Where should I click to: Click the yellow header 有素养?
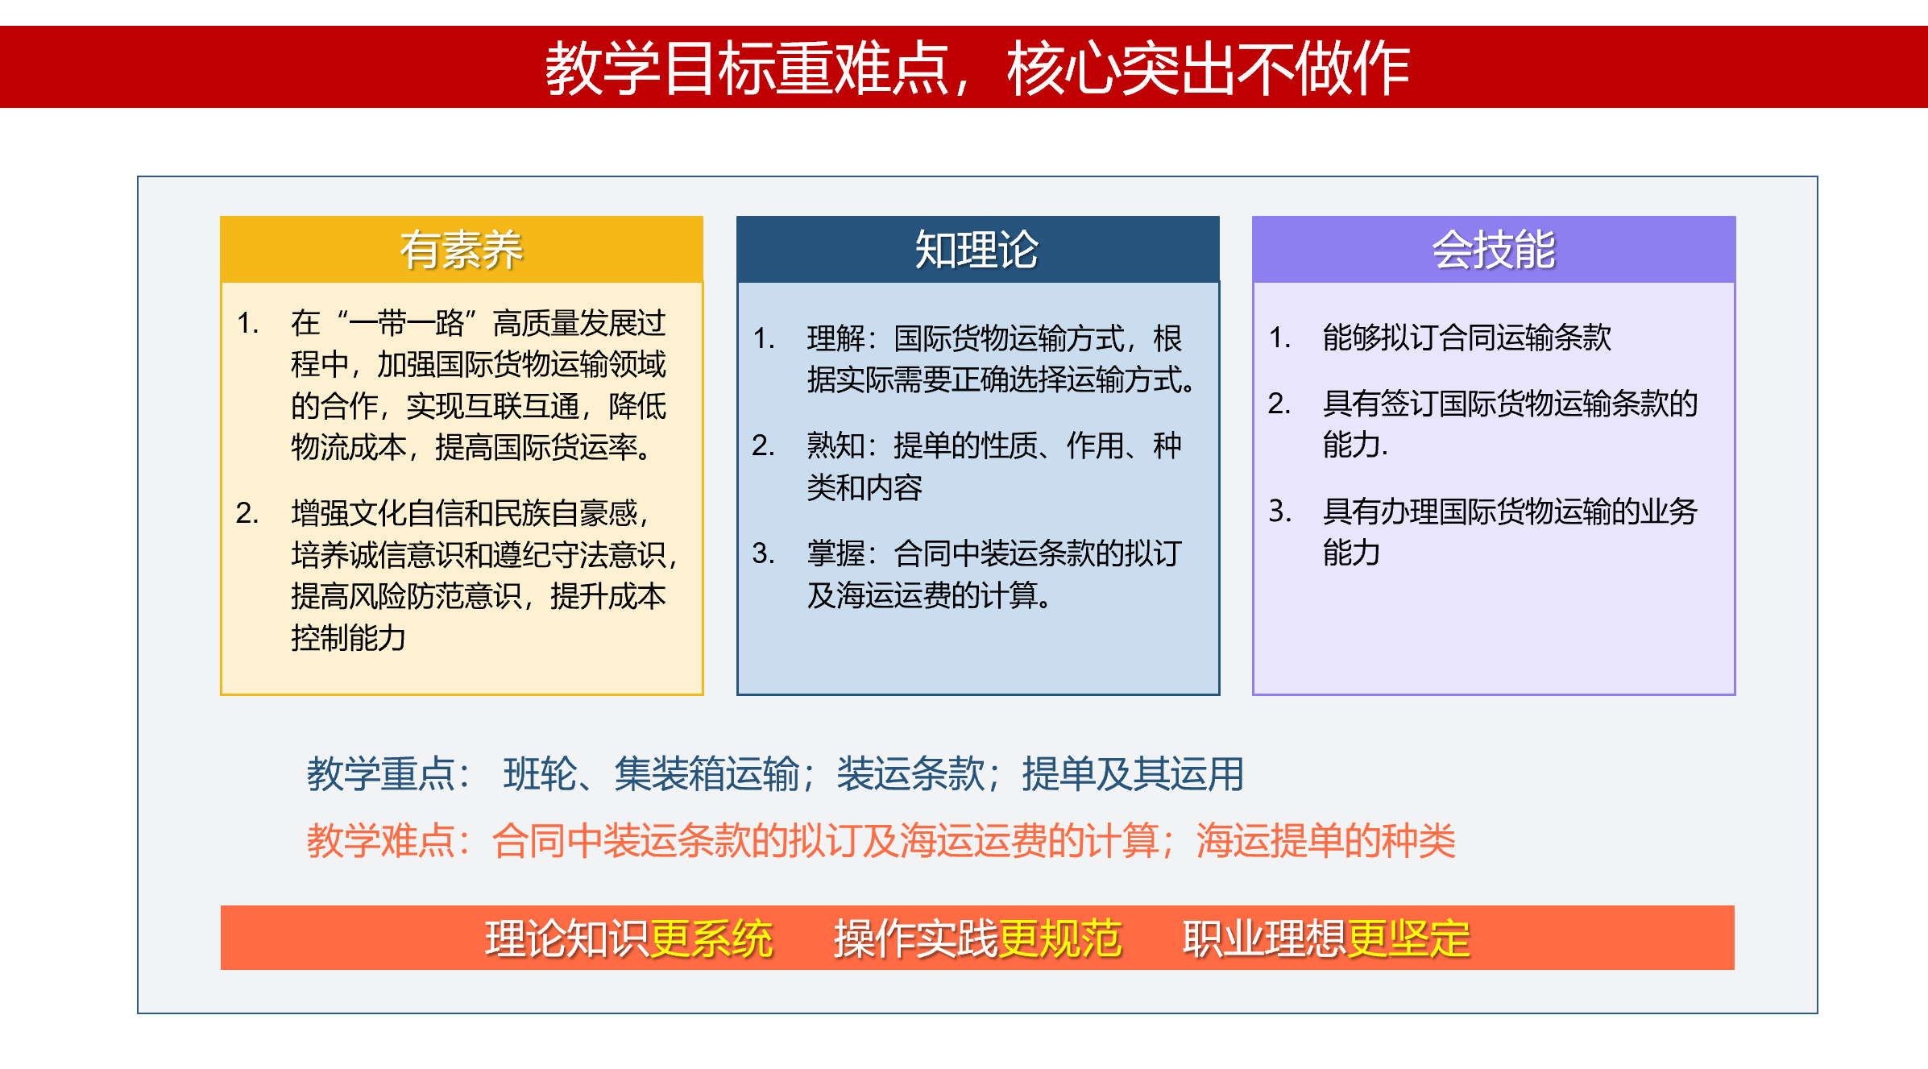coord(462,250)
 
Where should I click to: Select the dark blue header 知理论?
coord(976,250)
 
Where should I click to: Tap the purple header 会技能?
coord(1493,250)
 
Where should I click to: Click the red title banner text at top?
coord(976,68)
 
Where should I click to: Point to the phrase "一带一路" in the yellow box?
coord(406,323)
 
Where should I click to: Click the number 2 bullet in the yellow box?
coord(247,513)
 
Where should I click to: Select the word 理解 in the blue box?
coord(835,338)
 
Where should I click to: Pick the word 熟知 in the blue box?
coord(835,445)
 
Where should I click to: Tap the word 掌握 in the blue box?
coord(835,553)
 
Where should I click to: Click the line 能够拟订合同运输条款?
coord(1466,338)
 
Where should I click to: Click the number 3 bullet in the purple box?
coord(1279,511)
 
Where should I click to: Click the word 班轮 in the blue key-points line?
coord(540,774)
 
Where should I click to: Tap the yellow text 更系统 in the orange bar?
coord(711,938)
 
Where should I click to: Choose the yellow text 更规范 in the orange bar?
coord(1060,938)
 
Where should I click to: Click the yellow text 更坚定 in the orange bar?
coord(1409,938)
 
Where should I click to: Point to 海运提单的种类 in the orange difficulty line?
coord(1326,841)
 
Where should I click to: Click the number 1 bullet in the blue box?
coord(763,338)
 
